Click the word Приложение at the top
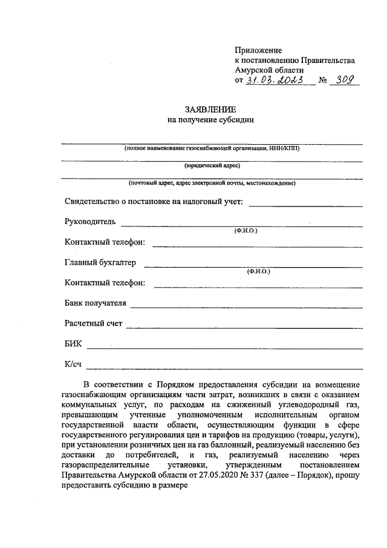pyautogui.click(x=258, y=50)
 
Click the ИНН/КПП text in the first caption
pyautogui.click(x=285, y=148)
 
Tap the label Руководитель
pyautogui.click(x=89, y=222)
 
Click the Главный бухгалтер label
pyautogui.click(x=100, y=262)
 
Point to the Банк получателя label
pyautogui.click(x=95, y=303)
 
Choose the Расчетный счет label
pyautogui.click(x=93, y=323)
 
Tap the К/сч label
pyautogui.click(x=73, y=364)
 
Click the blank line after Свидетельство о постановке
pyautogui.click(x=305, y=206)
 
